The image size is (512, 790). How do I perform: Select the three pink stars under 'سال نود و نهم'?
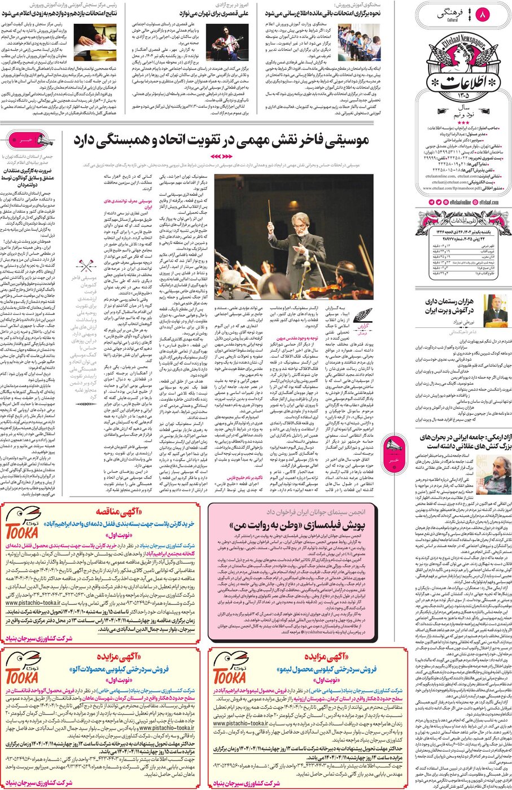[463, 122]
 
